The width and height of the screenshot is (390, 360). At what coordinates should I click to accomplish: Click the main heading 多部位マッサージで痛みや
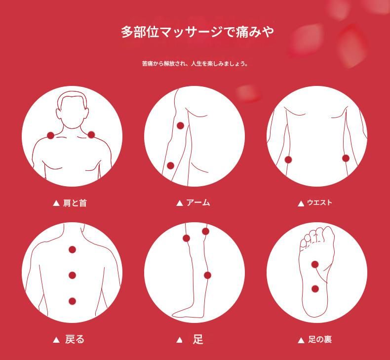click(x=197, y=32)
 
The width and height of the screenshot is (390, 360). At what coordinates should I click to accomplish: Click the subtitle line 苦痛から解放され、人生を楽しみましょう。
click(x=195, y=64)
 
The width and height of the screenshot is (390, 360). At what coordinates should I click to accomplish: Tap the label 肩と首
click(x=75, y=203)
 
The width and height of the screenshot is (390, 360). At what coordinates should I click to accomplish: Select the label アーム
click(x=198, y=203)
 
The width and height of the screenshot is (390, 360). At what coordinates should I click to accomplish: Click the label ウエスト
click(x=319, y=203)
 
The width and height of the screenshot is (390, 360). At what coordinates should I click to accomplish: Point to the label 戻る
click(x=75, y=340)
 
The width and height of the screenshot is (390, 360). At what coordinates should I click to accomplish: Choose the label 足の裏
click(x=320, y=340)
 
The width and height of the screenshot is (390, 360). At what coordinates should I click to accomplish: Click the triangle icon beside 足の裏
click(x=301, y=340)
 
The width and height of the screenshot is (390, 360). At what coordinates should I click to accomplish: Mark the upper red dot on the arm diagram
click(x=180, y=126)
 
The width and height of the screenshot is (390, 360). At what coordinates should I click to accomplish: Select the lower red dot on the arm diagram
click(x=170, y=166)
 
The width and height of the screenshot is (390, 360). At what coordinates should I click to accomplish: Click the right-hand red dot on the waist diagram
click(x=346, y=159)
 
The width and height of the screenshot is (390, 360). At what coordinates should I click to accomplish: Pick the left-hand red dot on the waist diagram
click(x=288, y=160)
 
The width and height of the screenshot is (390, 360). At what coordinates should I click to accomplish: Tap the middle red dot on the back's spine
click(x=73, y=275)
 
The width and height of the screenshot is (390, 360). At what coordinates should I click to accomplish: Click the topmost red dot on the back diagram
click(x=73, y=249)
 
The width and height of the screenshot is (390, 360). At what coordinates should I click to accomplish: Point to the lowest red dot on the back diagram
click(x=73, y=301)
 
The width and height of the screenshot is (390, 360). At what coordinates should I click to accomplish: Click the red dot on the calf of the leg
click(x=207, y=275)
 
